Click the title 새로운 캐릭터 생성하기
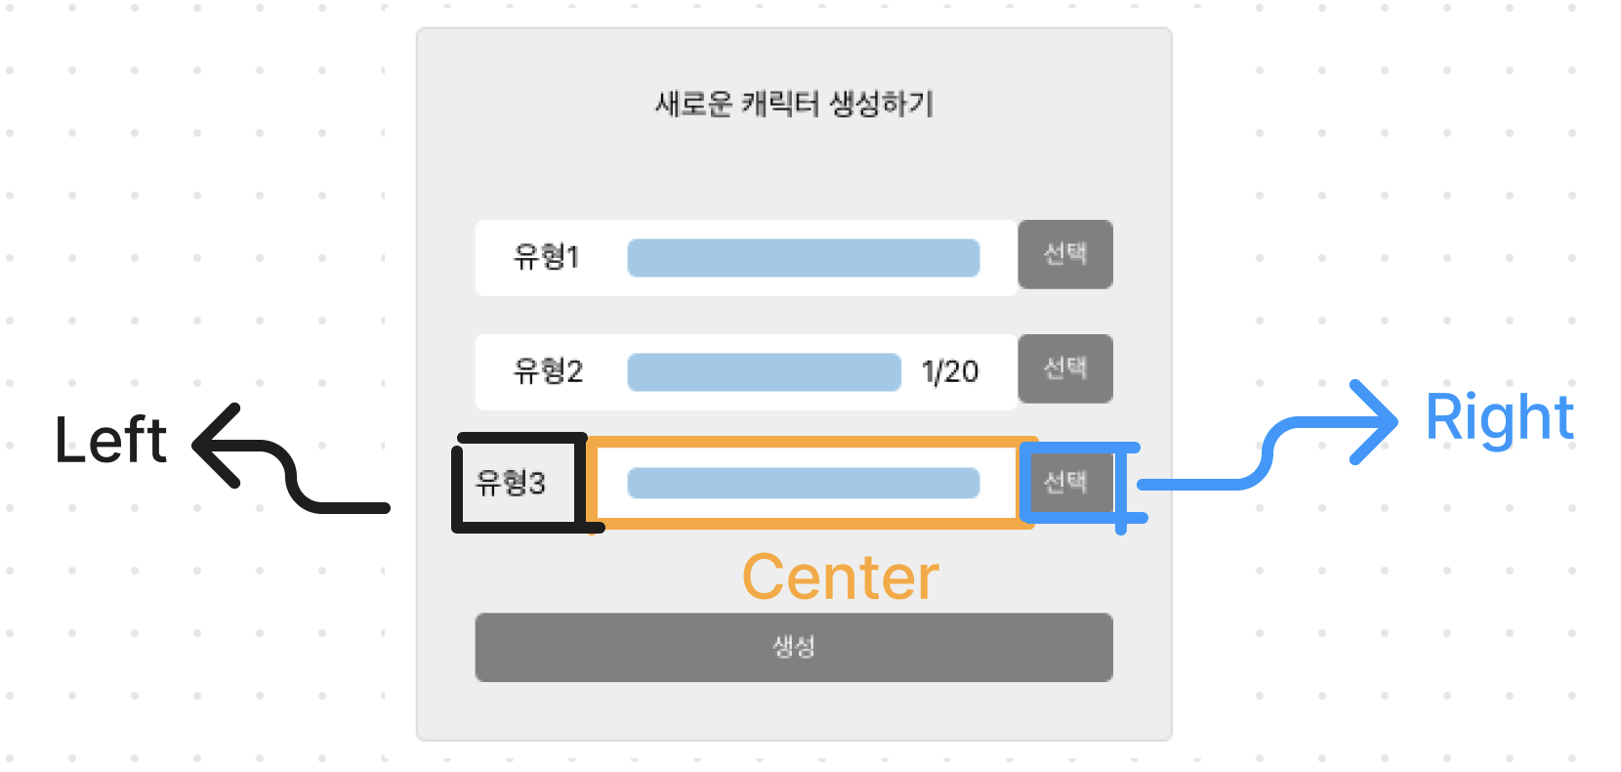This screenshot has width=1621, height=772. (x=794, y=104)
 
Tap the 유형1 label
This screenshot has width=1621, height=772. (x=546, y=257)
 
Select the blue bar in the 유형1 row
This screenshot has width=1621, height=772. (x=803, y=258)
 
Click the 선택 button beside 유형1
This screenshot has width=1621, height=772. (x=1065, y=254)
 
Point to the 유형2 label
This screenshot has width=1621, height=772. (x=548, y=371)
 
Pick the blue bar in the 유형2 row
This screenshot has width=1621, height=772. (x=764, y=372)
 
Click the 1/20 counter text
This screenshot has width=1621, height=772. (x=949, y=372)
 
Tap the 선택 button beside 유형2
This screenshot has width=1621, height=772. (x=1065, y=368)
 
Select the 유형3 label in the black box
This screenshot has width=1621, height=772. (x=510, y=483)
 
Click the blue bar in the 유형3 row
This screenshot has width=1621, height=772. (x=803, y=483)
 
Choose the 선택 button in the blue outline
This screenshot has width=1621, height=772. (x=1065, y=482)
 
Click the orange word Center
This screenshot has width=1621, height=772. (x=840, y=578)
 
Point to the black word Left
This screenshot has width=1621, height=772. (x=110, y=441)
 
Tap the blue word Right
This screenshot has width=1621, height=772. (x=1499, y=418)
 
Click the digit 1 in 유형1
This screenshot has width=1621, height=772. (x=573, y=257)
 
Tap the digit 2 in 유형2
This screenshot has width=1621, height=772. (x=574, y=371)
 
